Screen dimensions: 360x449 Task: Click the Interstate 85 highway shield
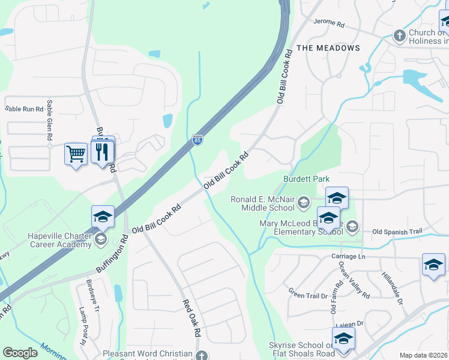click(x=197, y=140)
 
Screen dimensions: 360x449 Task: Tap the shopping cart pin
click(x=76, y=154)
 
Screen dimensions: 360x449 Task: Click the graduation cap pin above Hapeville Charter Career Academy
click(x=103, y=217)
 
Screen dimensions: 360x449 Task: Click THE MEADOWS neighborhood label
click(x=328, y=48)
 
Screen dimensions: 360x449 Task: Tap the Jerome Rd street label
click(x=328, y=25)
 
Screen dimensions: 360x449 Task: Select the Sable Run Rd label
click(x=25, y=109)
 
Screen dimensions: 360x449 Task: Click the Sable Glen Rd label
click(x=49, y=120)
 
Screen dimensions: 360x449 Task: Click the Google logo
click(x=20, y=353)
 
